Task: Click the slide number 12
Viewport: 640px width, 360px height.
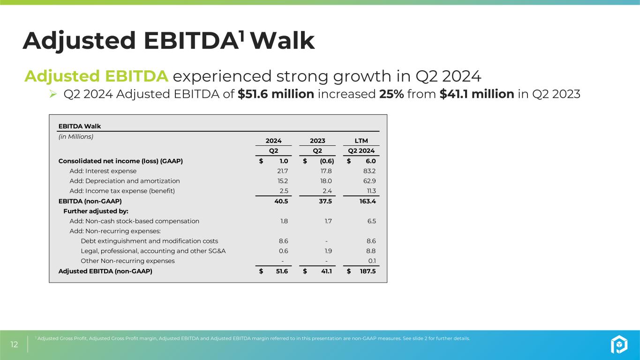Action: click(15, 345)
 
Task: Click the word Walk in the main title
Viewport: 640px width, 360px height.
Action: click(283, 41)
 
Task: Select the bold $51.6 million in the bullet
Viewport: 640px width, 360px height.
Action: click(276, 94)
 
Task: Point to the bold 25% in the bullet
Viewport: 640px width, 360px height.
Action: click(391, 94)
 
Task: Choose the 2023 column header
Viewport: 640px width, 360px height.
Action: click(317, 141)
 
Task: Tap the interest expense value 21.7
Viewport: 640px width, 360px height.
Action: click(283, 171)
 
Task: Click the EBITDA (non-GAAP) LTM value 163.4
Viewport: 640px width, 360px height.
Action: click(367, 201)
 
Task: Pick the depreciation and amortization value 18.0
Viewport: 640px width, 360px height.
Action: click(326, 181)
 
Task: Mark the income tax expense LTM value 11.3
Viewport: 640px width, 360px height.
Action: click(369, 191)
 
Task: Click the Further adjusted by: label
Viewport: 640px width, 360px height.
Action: click(96, 211)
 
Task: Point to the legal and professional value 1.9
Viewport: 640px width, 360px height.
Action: click(327, 251)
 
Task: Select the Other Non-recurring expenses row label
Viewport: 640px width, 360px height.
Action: click(128, 261)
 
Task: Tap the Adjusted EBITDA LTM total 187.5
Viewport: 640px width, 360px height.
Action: click(367, 271)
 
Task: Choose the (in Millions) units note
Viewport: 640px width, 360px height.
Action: click(75, 137)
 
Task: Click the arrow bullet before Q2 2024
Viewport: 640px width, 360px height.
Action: click(53, 95)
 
